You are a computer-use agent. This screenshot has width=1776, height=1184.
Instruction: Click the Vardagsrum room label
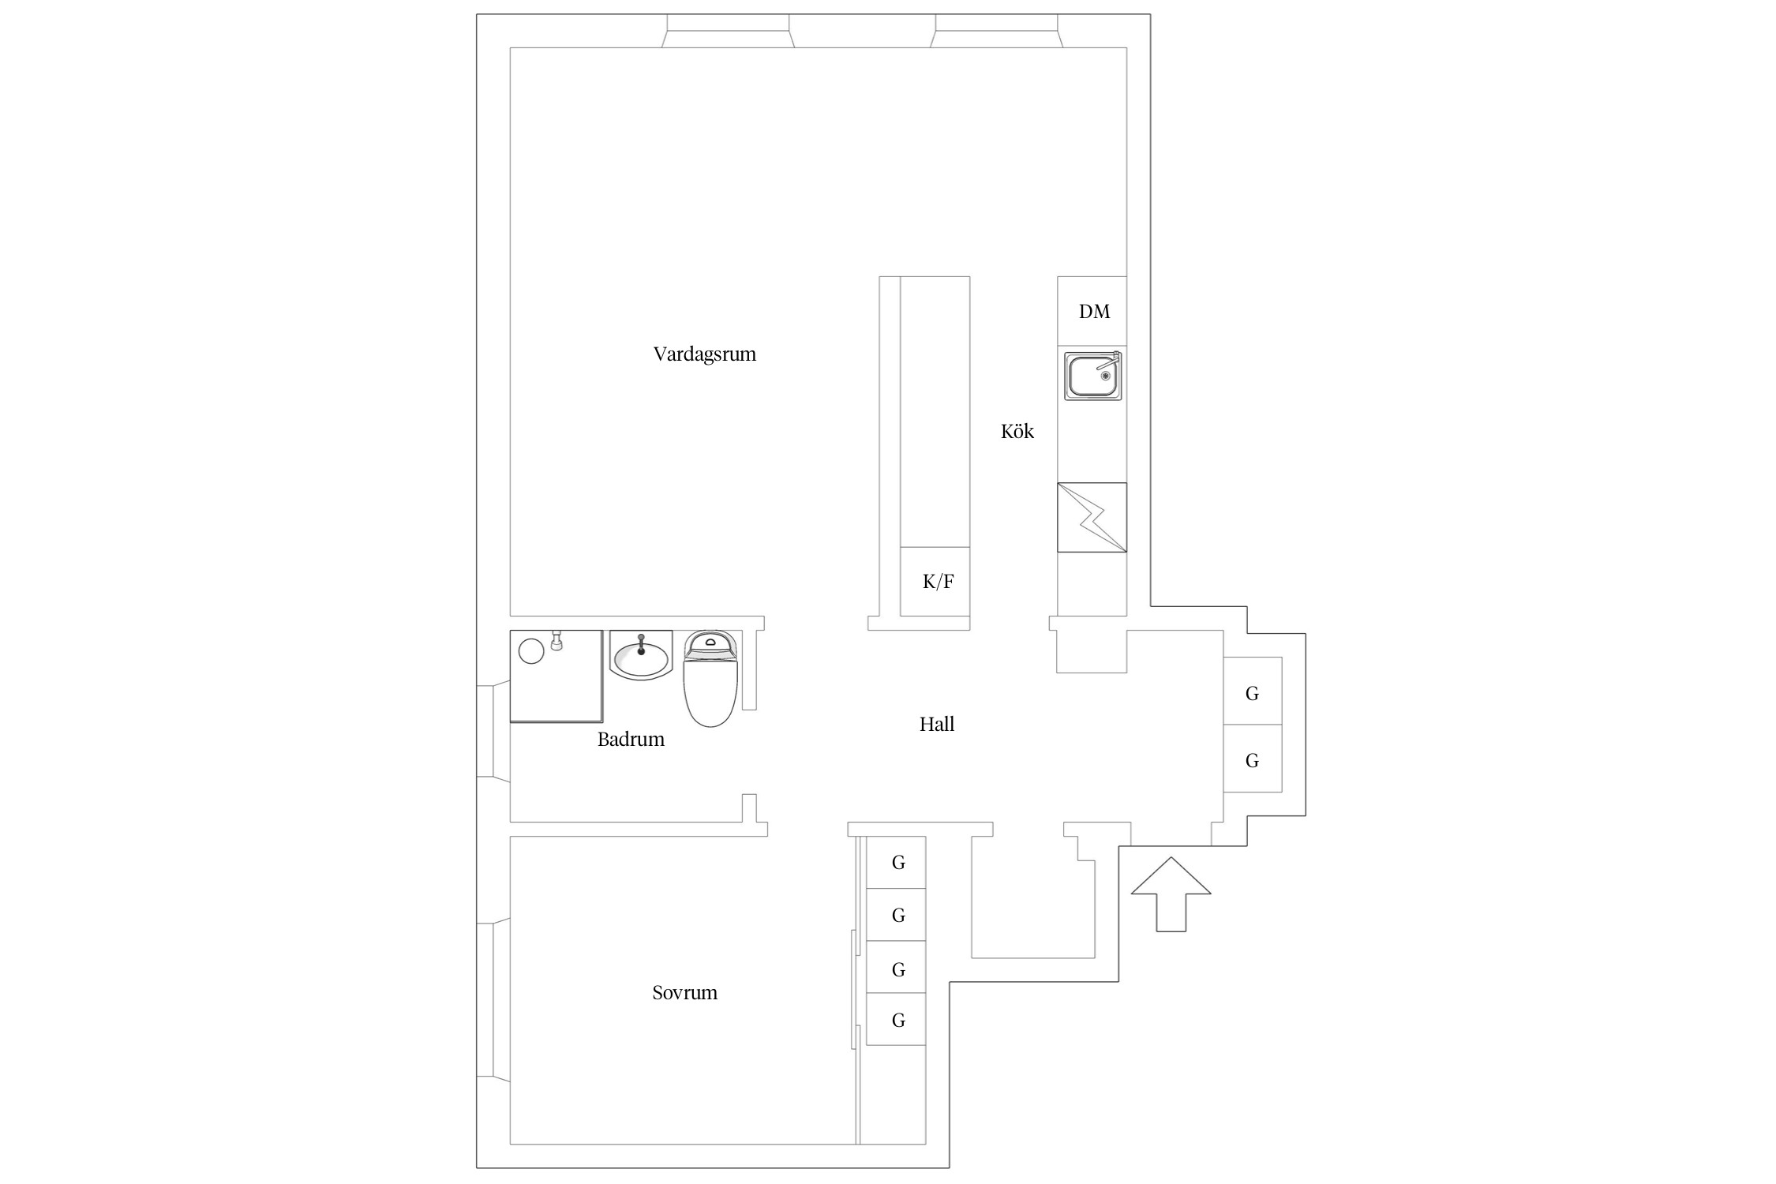coord(704,354)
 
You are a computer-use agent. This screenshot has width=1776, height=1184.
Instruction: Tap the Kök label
coord(1017,431)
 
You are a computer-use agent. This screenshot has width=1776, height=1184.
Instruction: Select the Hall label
coord(937,724)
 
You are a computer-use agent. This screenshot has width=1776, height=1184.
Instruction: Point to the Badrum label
coord(631,740)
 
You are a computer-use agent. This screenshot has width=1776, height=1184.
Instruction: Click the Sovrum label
coord(684,993)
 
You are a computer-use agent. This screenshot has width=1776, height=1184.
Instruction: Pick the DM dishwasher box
coord(1092,311)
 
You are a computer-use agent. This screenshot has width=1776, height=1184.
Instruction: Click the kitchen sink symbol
coord(1092,376)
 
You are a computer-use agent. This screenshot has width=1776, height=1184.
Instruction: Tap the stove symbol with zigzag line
coord(1092,517)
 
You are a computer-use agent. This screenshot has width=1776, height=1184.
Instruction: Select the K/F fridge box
coord(935,582)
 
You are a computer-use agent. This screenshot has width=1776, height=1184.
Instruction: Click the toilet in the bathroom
coord(710,678)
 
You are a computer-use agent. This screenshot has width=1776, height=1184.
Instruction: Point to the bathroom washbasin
coord(641,655)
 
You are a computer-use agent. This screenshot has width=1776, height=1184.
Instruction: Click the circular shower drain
coord(531,650)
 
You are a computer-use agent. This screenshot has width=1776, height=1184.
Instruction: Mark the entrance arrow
coord(1171,894)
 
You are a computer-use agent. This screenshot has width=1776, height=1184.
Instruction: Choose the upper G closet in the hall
coord(1252,691)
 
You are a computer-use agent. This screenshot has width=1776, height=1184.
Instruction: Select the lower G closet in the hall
coord(1252,759)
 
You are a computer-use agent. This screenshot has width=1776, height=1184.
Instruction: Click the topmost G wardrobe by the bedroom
coord(897,863)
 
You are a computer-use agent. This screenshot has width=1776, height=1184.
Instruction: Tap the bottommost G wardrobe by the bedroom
coord(897,1020)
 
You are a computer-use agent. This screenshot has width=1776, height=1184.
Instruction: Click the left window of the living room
coord(728,31)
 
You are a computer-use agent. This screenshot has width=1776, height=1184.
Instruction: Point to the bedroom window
coord(493,1000)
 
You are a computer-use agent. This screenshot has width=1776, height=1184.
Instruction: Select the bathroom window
coord(493,732)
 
